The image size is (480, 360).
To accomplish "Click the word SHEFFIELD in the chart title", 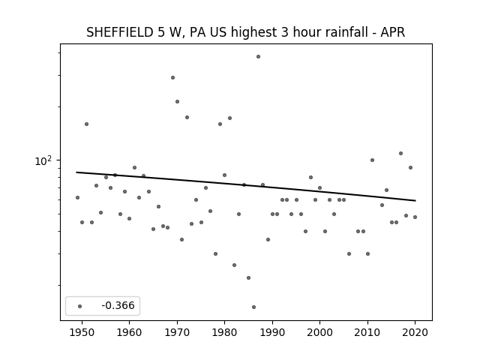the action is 120,32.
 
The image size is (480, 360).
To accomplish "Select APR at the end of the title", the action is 393,32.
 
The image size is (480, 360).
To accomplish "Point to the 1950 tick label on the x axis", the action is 82,332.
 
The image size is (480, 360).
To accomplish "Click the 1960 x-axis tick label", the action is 129,332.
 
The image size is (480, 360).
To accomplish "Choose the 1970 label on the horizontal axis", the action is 177,332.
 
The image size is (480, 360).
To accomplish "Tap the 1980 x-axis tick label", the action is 224,332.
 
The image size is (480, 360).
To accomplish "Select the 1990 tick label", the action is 272,332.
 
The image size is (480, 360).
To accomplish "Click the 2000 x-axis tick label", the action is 319,332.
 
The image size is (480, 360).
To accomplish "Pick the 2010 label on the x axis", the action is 367,332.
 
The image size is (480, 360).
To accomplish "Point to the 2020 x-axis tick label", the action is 415,332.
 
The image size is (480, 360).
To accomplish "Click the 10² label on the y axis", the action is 43,160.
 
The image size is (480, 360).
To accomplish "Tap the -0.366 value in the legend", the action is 118,305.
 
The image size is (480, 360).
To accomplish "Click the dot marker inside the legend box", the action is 80,306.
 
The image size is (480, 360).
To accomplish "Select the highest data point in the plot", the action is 258,57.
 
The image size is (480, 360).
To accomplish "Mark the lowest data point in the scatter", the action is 253,307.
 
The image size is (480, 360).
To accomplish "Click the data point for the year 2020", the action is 415,217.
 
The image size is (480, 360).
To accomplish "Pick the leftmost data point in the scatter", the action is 77,198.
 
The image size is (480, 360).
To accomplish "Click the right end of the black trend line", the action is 415,200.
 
